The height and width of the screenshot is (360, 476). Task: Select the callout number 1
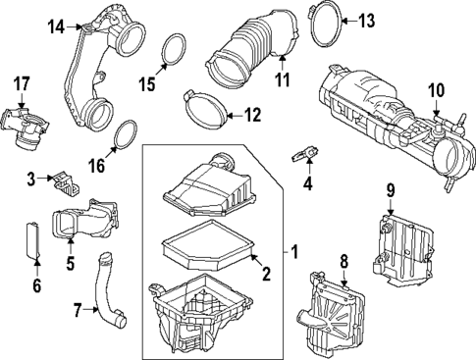click(x=293, y=251)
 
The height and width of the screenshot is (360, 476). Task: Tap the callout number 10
click(x=435, y=91)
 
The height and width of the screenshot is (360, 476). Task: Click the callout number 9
click(x=390, y=188)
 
